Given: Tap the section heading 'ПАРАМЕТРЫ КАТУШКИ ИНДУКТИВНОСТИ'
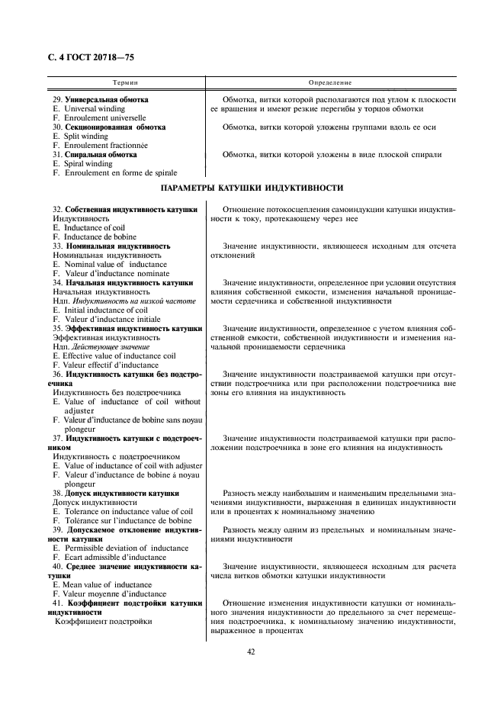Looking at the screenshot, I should pos(252,188).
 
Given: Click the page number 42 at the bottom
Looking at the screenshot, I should pos(251,651).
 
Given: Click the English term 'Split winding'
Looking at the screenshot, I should pos(85,137).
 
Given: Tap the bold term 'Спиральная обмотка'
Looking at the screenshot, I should pos(101,155).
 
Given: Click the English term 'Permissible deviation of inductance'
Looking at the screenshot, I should pos(125,548).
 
